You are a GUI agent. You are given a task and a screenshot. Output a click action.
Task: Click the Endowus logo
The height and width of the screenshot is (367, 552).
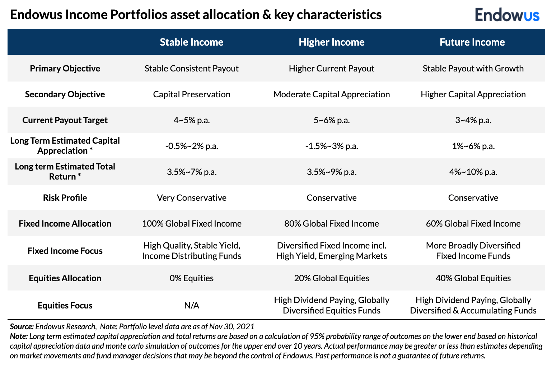(x=507, y=15)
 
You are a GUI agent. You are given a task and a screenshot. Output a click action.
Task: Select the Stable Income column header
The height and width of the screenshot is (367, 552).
(x=191, y=42)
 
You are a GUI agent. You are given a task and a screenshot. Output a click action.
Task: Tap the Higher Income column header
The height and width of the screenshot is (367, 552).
(x=331, y=42)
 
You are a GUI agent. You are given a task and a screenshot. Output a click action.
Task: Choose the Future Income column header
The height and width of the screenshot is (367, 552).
(x=472, y=42)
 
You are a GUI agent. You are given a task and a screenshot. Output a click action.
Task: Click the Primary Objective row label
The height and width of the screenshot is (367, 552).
(x=65, y=69)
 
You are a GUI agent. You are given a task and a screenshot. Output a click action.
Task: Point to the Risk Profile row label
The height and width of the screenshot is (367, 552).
(x=65, y=198)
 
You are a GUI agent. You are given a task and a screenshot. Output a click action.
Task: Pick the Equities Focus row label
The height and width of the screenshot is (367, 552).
(x=65, y=306)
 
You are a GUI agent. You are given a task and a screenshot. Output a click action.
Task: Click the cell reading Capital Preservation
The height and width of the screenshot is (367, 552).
(x=191, y=94)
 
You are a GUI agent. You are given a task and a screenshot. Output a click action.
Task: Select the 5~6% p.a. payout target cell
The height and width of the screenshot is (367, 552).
(x=331, y=120)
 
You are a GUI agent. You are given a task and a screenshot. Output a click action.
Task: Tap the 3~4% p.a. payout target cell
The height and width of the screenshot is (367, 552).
(x=473, y=120)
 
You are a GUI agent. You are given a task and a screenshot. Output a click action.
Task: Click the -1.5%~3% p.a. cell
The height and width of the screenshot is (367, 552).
(x=331, y=146)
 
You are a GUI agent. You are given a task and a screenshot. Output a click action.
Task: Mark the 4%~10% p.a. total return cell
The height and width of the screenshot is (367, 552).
(x=473, y=172)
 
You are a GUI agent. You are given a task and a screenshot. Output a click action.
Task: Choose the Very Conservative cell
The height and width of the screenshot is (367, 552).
(x=191, y=198)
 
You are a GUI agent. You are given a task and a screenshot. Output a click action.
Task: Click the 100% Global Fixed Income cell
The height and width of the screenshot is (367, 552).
(x=191, y=224)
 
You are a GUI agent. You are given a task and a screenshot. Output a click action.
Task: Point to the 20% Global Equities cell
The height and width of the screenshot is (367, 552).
(x=331, y=278)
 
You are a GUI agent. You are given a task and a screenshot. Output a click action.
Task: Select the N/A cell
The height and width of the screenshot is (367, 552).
(x=191, y=306)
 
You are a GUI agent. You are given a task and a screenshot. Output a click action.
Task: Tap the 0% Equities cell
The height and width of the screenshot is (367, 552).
(x=191, y=278)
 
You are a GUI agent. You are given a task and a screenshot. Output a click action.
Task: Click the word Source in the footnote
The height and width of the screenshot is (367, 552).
(x=22, y=327)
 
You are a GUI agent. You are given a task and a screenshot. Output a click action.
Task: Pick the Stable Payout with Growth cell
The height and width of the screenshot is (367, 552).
(x=473, y=69)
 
